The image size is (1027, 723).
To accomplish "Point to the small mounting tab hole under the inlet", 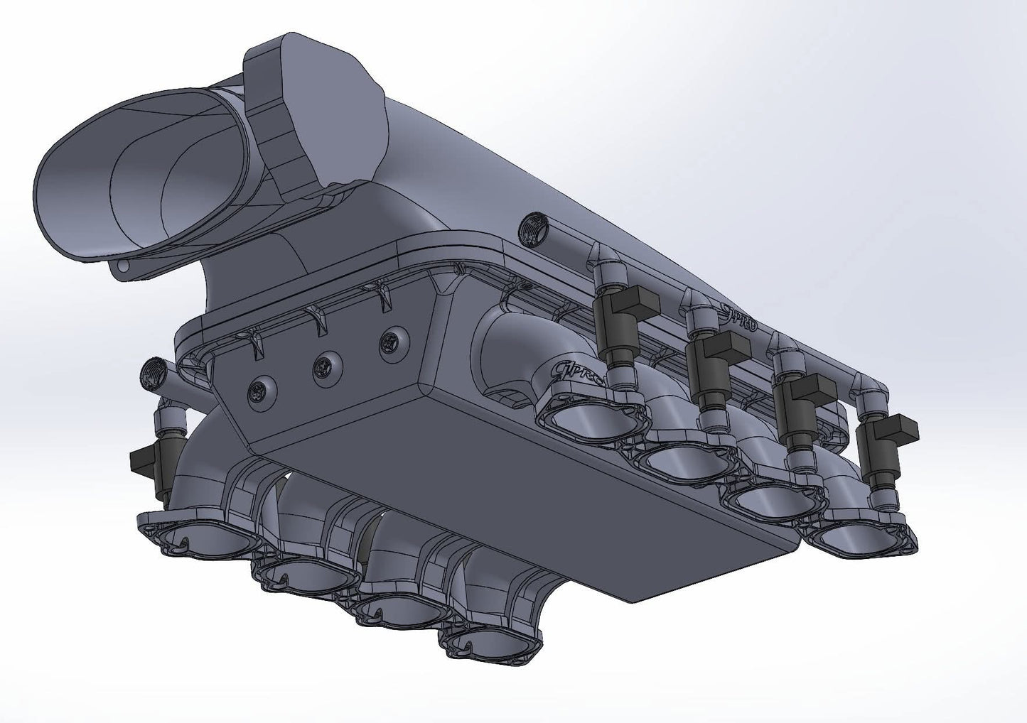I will [122, 267].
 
